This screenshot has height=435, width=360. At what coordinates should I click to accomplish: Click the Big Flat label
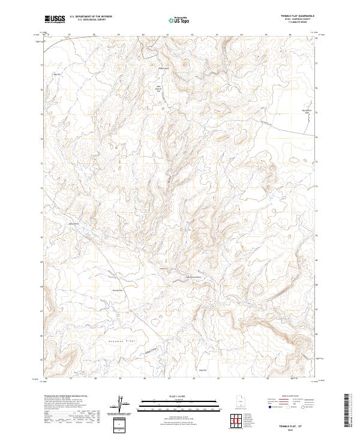(x=58, y=74)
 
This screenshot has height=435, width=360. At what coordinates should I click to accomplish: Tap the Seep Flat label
(x=203, y=370)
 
